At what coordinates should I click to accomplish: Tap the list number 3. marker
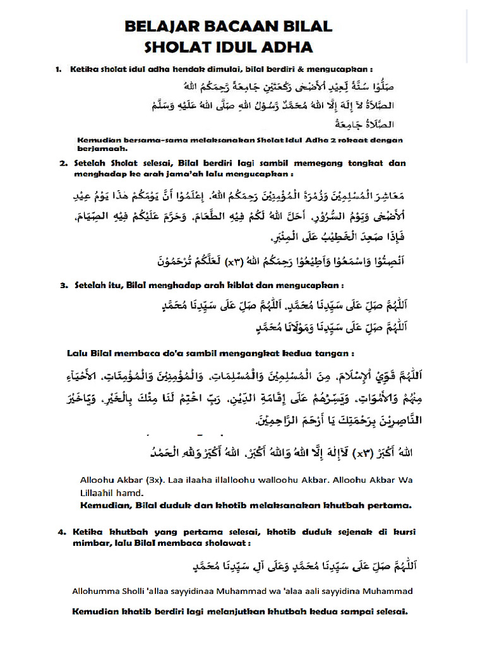tap(64, 285)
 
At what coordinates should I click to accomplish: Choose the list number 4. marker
tap(61, 532)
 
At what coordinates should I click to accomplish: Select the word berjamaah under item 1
tap(102, 150)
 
